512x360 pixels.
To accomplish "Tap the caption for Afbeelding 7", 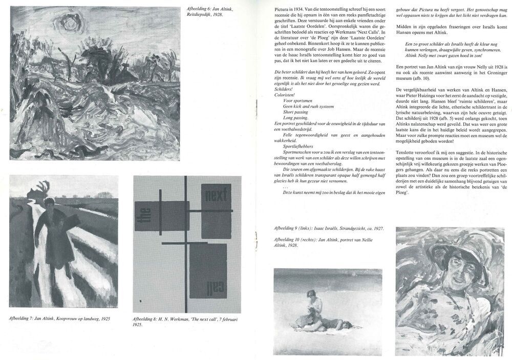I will (59, 318).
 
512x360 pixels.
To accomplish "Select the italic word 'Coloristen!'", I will (285, 95).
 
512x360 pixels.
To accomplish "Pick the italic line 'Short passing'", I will (295, 112).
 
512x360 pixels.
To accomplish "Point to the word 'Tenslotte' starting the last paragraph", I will (408, 153).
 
